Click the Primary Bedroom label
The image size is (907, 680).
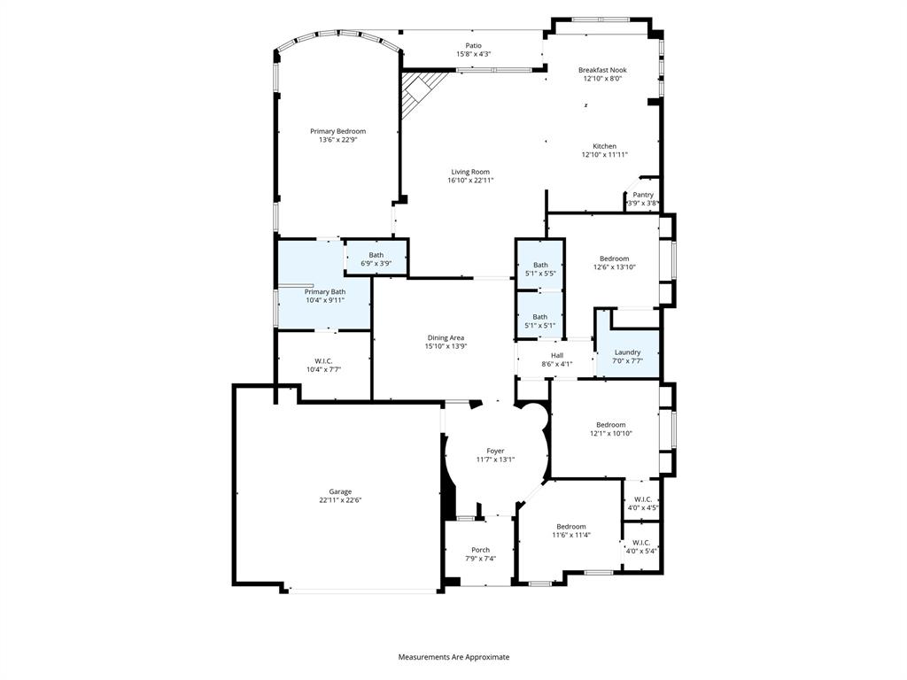pyautogui.click(x=337, y=131)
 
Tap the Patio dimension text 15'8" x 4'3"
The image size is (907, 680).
pyautogui.click(x=474, y=54)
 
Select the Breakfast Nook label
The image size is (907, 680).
pyautogui.click(x=602, y=70)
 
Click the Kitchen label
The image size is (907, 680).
pyautogui.click(x=604, y=146)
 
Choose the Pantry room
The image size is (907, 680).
pyautogui.click(x=643, y=198)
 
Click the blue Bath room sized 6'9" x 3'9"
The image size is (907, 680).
pyautogui.click(x=376, y=259)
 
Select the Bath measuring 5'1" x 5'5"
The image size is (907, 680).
pyautogui.click(x=540, y=269)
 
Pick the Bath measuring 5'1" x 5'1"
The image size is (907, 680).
pyautogui.click(x=540, y=321)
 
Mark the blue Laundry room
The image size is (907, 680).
pyautogui.click(x=627, y=356)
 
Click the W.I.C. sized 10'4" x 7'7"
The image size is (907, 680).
pyautogui.click(x=322, y=365)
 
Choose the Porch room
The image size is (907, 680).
pyautogui.click(x=480, y=553)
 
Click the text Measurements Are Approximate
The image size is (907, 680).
pyautogui.click(x=453, y=657)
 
